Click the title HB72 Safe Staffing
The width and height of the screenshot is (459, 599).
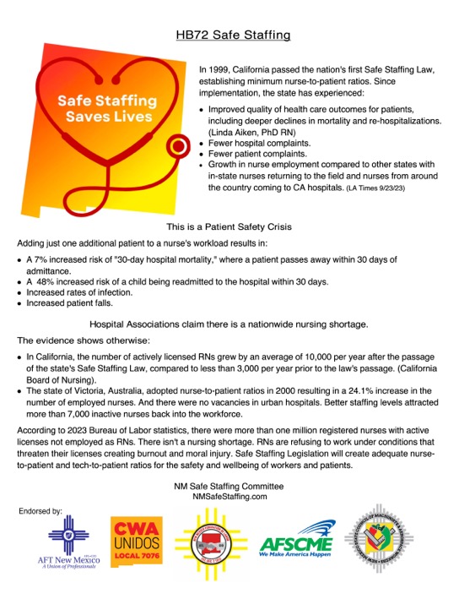[x=233, y=35]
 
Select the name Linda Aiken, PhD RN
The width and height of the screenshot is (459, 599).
[x=248, y=133]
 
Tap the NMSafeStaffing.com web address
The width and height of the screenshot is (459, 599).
[x=229, y=498]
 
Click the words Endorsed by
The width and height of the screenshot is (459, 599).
[x=40, y=512]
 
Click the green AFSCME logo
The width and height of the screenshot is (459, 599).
[x=295, y=547]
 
